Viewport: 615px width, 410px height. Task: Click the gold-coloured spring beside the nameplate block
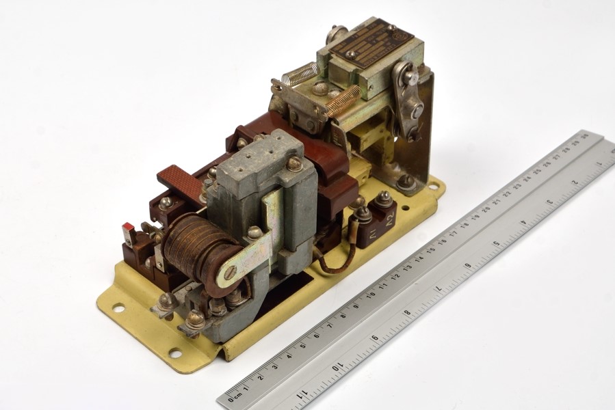click(x=342, y=100)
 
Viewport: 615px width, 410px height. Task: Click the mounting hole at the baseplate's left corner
click(x=118, y=308)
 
